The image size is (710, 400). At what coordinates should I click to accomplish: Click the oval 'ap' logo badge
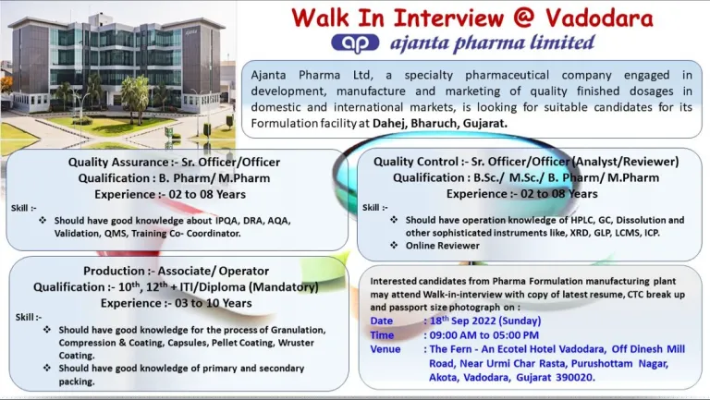click(355, 43)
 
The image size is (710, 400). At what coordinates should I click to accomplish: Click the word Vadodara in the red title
click(599, 18)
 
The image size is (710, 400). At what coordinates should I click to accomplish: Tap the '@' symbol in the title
click(524, 18)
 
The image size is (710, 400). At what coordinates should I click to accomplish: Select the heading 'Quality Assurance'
click(118, 162)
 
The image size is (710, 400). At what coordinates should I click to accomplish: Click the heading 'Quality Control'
click(416, 162)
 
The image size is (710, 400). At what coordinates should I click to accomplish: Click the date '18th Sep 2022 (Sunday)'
click(485, 321)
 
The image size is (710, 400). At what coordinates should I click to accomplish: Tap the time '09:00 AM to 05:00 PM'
click(484, 335)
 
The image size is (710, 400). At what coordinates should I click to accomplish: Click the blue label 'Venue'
click(386, 349)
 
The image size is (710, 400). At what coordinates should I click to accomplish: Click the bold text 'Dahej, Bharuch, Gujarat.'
click(440, 123)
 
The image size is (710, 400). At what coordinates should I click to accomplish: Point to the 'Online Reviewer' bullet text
click(443, 246)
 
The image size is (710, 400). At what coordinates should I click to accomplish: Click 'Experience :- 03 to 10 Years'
click(177, 303)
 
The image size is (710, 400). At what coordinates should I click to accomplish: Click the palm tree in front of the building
click(135, 94)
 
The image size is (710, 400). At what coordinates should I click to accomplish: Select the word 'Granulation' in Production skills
click(298, 330)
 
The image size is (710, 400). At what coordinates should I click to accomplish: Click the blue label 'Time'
click(382, 335)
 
